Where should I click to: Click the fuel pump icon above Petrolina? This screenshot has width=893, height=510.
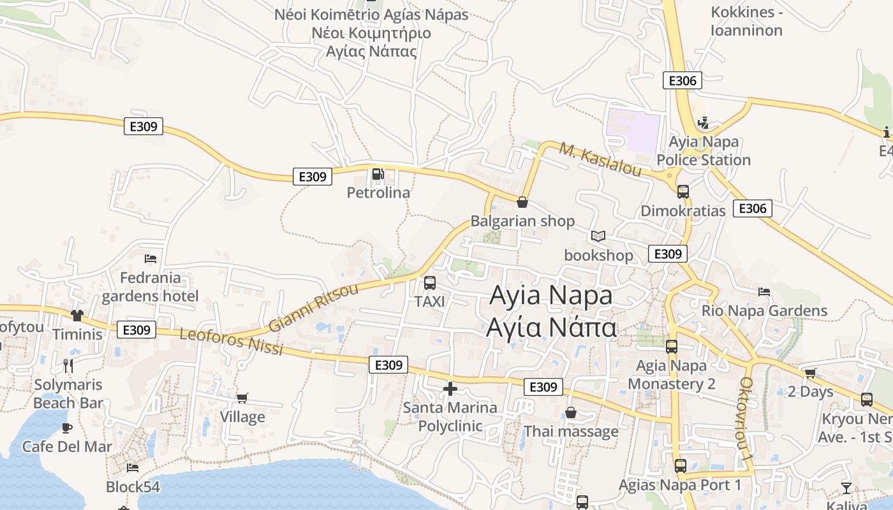tap(378, 173)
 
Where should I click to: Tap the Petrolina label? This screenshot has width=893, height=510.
tap(378, 192)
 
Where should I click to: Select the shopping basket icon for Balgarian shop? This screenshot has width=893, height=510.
tap(522, 202)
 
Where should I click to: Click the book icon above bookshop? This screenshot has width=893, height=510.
tap(598, 237)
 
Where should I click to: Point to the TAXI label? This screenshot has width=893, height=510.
tap(429, 301)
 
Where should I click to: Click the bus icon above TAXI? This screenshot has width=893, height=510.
tap(430, 283)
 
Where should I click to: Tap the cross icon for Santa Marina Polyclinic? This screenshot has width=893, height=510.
tap(450, 388)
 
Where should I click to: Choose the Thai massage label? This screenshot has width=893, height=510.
tap(571, 432)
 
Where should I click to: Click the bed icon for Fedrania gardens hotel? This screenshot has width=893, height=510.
tap(151, 258)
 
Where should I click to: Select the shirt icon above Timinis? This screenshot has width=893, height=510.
tap(77, 315)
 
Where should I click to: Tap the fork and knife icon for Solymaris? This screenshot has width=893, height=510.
tap(68, 365)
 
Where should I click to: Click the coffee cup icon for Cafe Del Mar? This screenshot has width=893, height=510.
tap(67, 428)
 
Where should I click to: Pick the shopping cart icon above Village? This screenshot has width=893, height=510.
tap(242, 398)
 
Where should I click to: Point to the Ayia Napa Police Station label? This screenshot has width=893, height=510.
tap(704, 150)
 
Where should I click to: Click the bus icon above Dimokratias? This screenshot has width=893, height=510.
tap(683, 191)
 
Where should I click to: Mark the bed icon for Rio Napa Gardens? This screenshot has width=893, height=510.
tap(764, 292)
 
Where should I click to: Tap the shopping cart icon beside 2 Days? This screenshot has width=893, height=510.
tap(810, 373)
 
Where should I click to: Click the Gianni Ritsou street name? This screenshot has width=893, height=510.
tap(313, 309)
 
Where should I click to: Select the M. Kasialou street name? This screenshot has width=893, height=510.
tap(600, 159)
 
